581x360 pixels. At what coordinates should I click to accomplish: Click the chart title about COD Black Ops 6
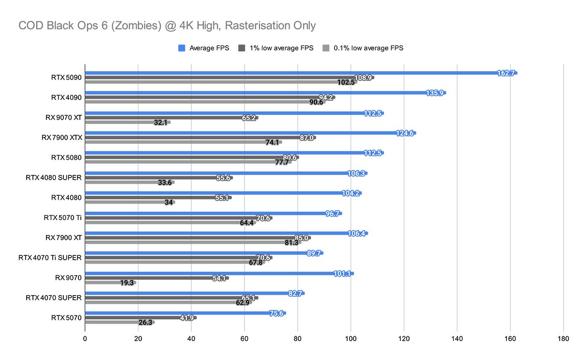point(167,25)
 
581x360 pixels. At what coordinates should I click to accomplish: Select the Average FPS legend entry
point(208,48)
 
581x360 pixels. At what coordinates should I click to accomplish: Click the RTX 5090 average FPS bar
point(290,73)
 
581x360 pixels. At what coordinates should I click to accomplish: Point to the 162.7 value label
point(505,73)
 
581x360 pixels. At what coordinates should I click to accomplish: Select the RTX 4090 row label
point(66,97)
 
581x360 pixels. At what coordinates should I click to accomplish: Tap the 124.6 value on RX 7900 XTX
point(404,133)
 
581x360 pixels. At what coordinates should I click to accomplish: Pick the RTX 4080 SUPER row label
point(54,177)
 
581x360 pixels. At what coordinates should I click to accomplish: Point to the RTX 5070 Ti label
point(62,218)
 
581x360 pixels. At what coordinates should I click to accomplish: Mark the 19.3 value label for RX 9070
point(127,282)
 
